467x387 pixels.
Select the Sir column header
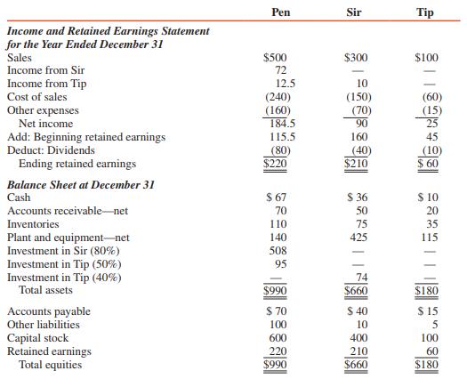pos(355,11)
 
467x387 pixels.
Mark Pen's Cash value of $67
pos(276,198)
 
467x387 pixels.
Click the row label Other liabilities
pos(43,325)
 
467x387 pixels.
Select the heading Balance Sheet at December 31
pos(81,184)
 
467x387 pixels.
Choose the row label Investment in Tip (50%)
pos(65,264)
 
